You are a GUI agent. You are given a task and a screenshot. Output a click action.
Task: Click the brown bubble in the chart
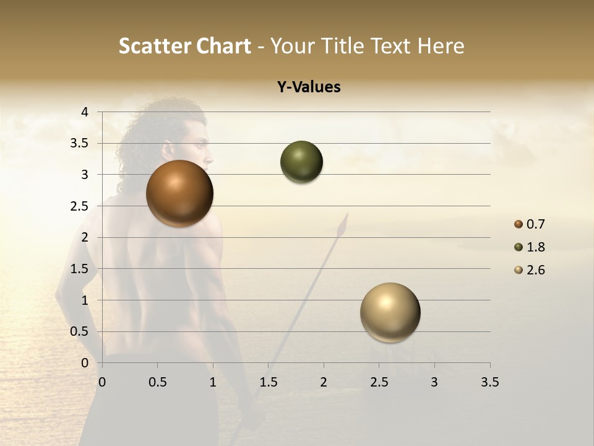point(180,193)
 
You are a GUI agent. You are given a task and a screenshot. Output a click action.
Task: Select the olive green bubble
point(301,162)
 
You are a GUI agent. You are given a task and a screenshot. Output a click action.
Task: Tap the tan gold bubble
point(390,312)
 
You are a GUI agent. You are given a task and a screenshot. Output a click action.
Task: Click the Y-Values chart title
point(309,87)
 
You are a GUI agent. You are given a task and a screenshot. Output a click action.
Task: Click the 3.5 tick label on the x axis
point(489,382)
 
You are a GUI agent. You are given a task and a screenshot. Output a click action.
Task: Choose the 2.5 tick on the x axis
point(379,382)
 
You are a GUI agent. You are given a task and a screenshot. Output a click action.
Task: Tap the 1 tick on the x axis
point(213,382)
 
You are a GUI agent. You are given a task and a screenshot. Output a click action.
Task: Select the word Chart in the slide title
point(223,46)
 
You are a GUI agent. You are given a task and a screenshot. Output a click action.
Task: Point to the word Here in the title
point(440,46)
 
